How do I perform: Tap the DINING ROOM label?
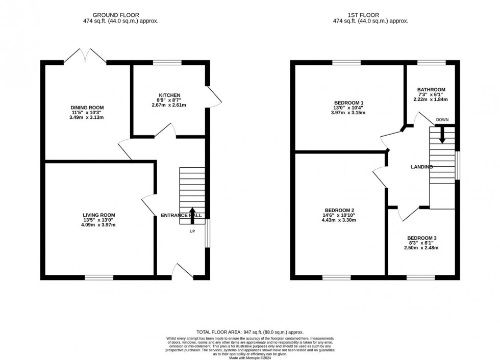pyautogui.click(x=87, y=108)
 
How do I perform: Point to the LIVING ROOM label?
pyautogui.click(x=99, y=215)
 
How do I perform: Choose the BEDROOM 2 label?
pyautogui.click(x=339, y=210)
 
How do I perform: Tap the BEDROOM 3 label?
pyautogui.click(x=421, y=238)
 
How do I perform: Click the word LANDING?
pyautogui.click(x=422, y=167)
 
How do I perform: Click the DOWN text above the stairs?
pyautogui.click(x=442, y=120)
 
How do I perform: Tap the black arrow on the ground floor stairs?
pyautogui.click(x=192, y=213)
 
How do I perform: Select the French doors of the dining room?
pyautogui.click(x=85, y=56)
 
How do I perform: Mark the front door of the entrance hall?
pyautogui.click(x=182, y=271)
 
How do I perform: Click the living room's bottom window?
pyautogui.click(x=99, y=277)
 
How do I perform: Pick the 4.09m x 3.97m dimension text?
pyautogui.click(x=99, y=224)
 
